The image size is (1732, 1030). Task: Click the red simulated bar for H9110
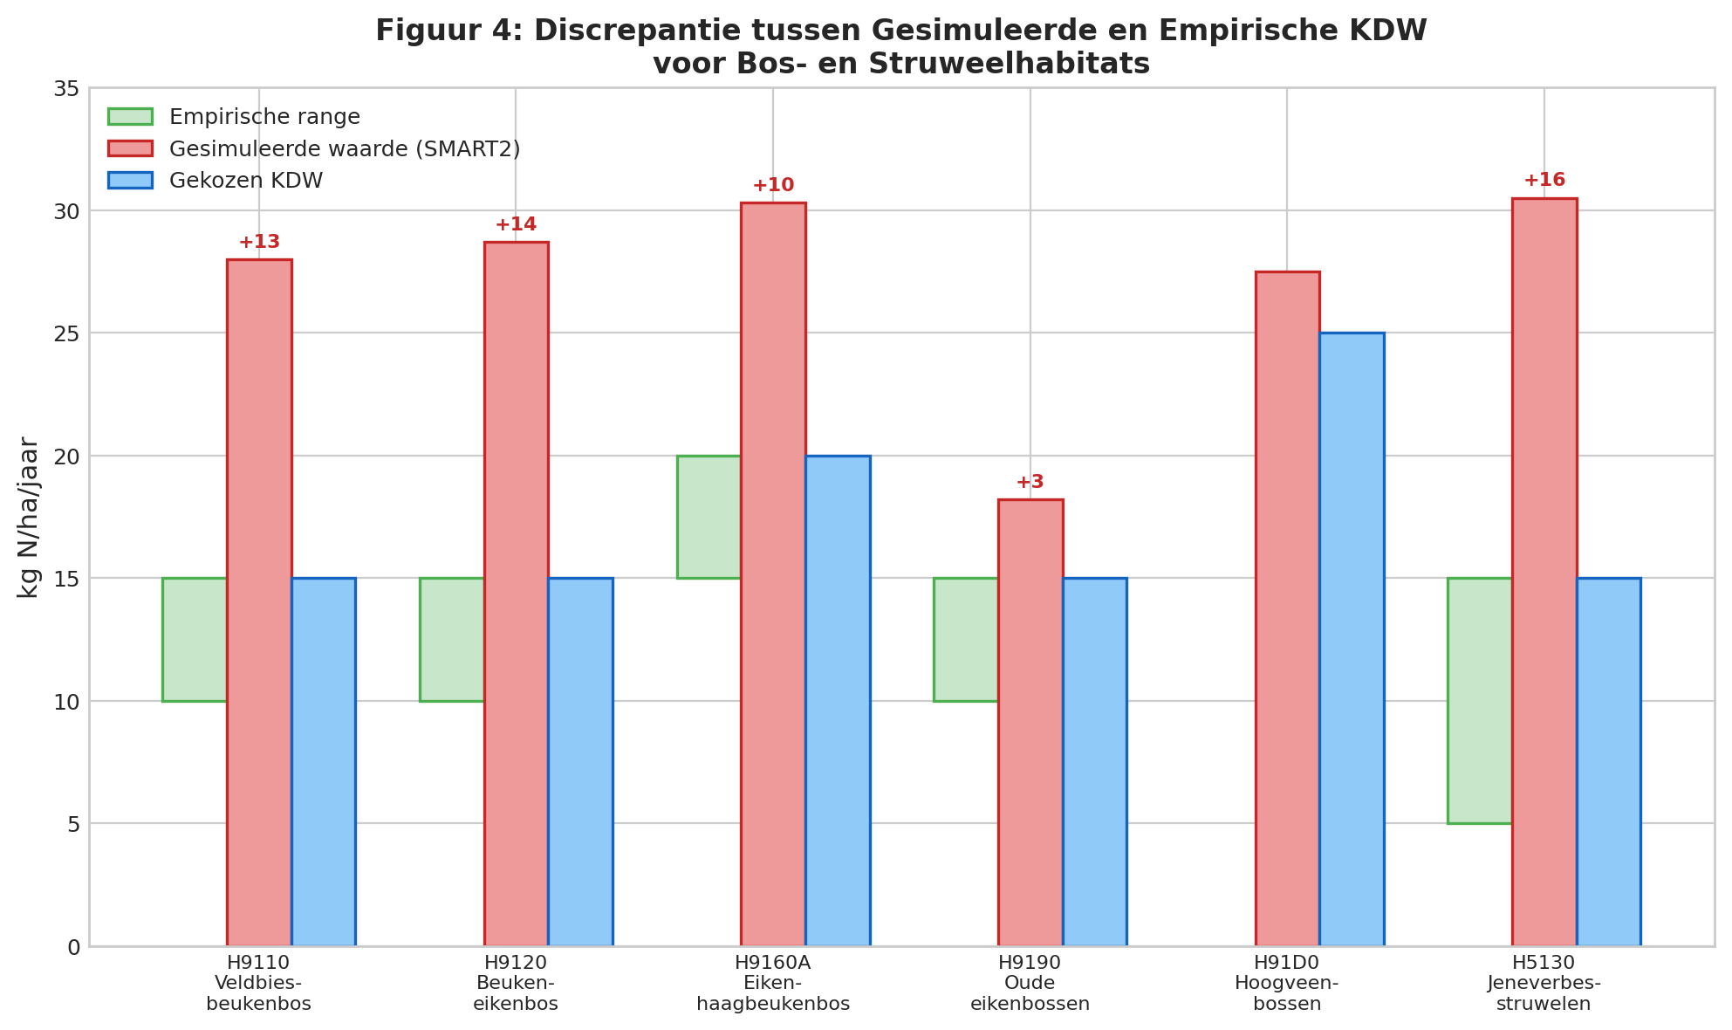coord(259,602)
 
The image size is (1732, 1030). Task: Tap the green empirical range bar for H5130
coord(1480,700)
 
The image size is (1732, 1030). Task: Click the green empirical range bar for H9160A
coord(709,517)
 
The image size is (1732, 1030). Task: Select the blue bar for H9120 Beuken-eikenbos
coord(580,761)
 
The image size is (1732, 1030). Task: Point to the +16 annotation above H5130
coord(1544,181)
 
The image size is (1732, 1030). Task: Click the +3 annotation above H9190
coord(1030,483)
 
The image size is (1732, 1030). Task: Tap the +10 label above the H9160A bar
coord(773,186)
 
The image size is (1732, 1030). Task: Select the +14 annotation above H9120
coord(516,225)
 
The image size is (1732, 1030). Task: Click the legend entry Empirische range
coord(264,117)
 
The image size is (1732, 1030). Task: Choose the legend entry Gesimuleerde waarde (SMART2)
coord(344,149)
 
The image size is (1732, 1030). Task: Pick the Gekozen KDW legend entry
coord(245,181)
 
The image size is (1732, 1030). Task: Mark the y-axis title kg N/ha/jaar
coord(29,517)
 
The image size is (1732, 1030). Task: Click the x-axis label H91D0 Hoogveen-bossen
coord(1286,983)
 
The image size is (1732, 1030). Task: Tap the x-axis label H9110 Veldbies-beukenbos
coord(258,983)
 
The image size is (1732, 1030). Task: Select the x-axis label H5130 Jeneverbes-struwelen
coord(1544,983)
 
